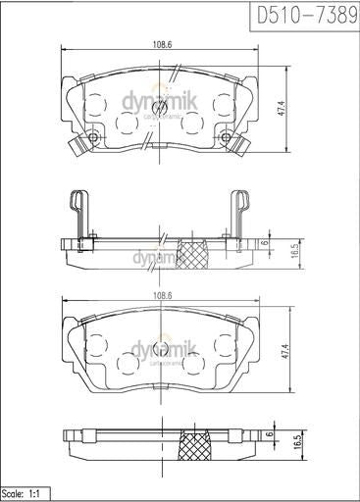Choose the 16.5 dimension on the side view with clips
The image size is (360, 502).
pos(293,251)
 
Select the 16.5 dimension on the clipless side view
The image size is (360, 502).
pos(293,444)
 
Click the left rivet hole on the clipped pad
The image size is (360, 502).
pos(93,137)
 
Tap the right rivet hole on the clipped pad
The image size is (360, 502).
pos(226,137)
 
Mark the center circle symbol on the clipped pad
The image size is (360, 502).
pos(160,108)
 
